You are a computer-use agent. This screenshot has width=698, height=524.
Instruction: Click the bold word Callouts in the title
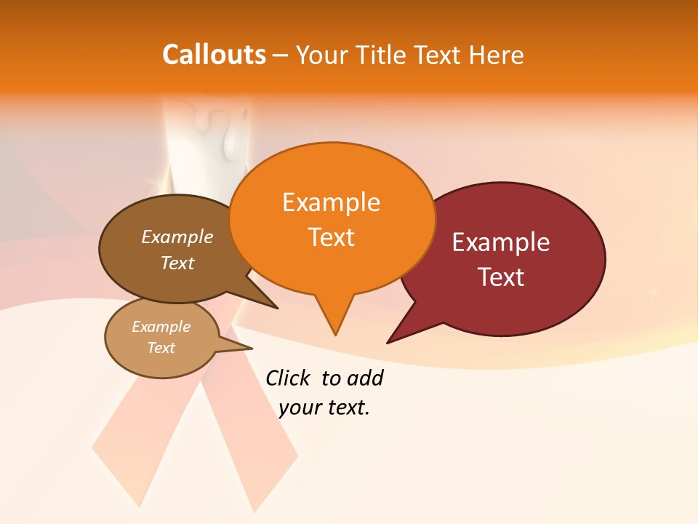pyautogui.click(x=214, y=55)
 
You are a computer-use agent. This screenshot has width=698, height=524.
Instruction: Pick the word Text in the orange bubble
pyautogui.click(x=331, y=237)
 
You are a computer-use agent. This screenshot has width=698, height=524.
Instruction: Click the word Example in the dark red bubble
pyautogui.click(x=501, y=242)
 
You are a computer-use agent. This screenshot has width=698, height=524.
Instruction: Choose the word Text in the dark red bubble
pyautogui.click(x=501, y=277)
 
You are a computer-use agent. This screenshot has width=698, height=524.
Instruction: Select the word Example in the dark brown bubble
pyautogui.click(x=177, y=237)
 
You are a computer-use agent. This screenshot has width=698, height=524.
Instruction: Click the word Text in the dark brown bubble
pyautogui.click(x=177, y=263)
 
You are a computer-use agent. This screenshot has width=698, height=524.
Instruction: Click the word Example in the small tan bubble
pyautogui.click(x=161, y=327)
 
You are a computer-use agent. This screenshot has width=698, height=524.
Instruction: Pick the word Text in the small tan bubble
pyautogui.click(x=161, y=348)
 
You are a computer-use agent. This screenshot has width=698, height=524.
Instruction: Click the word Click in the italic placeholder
pyautogui.click(x=287, y=378)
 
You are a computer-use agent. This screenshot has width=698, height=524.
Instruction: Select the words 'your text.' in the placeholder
pyautogui.click(x=324, y=408)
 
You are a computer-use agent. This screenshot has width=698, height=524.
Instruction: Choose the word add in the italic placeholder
pyautogui.click(x=364, y=378)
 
